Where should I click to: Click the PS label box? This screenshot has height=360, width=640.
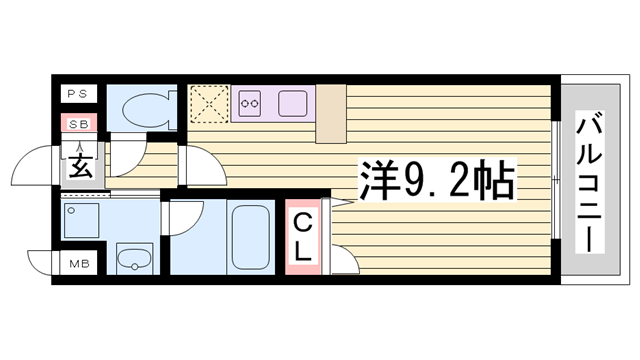coord(77,94)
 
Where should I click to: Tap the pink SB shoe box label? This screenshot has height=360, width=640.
coord(77,124)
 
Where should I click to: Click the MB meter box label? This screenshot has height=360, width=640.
coord(77,265)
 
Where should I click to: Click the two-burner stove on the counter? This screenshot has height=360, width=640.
coord(249,100)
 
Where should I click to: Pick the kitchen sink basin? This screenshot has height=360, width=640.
coord(292,101)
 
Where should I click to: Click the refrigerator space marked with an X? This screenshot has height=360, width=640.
coord(210,102)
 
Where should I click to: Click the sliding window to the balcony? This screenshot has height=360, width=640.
coord(554,181)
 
